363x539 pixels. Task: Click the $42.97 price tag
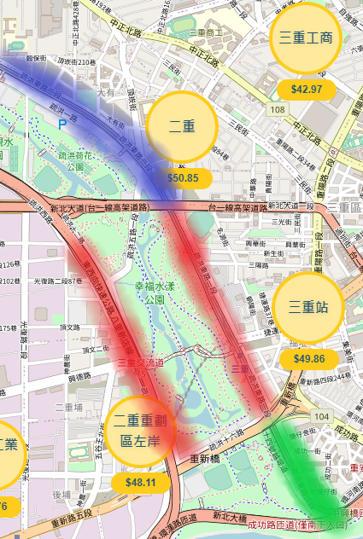306,89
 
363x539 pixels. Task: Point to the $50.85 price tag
183,178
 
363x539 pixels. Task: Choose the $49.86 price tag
308,358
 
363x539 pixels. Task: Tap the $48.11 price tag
141,482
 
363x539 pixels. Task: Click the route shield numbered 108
278,110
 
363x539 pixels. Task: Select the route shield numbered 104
320,415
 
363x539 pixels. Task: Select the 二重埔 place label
68,408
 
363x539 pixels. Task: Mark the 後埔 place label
61,494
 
